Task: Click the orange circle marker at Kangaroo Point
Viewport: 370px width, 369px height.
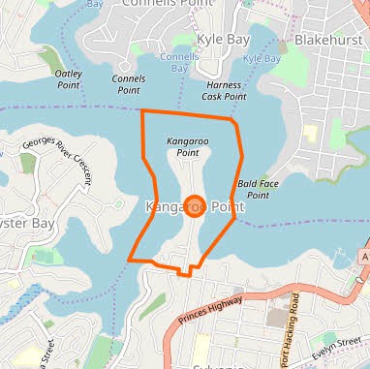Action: pyautogui.click(x=193, y=206)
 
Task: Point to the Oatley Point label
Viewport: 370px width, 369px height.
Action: pyautogui.click(x=69, y=78)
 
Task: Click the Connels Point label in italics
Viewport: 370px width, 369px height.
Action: pyautogui.click(x=129, y=84)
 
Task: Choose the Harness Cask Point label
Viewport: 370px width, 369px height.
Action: pyautogui.click(x=226, y=90)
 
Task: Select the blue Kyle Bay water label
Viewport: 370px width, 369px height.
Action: pyautogui.click(x=262, y=58)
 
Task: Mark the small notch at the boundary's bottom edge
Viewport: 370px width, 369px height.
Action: pyautogui.click(x=184, y=271)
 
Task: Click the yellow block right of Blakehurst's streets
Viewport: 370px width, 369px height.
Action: pyautogui.click(x=310, y=135)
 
